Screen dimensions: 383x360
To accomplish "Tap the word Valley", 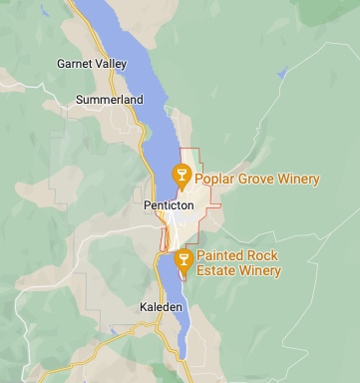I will click(112, 64).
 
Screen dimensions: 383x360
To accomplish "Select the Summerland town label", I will click(110, 100).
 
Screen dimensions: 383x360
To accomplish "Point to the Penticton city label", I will click(167, 205).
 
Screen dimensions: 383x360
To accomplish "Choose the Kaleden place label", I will click(162, 306).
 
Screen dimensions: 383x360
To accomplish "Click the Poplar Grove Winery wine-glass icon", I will click(181, 176).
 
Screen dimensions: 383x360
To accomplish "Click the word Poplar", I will click(213, 180).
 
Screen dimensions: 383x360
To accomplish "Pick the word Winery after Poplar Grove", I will click(299, 180).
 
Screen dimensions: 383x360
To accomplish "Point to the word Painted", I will click(220, 256).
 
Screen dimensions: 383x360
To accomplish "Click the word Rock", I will click(264, 256).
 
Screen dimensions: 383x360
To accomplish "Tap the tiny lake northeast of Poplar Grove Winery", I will click(283, 72).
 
